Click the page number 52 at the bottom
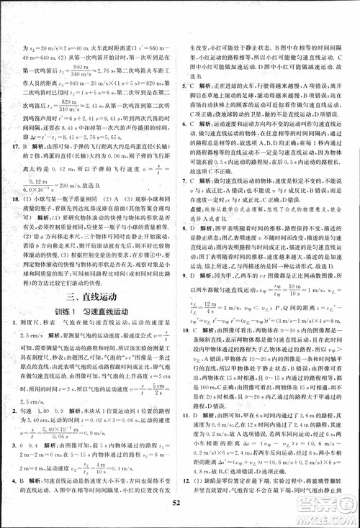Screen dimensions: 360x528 pos(180,511)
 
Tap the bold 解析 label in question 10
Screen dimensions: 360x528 pos(215,328)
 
